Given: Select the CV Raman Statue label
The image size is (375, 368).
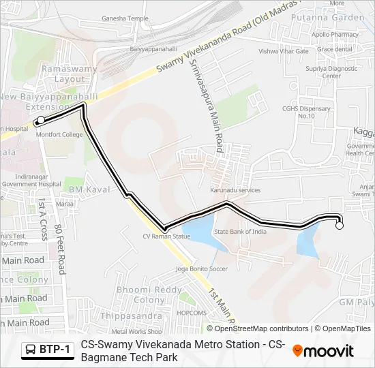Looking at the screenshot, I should click(166, 236).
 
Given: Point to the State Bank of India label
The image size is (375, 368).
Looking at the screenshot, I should click(241, 232).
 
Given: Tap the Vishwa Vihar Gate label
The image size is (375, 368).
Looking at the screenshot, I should click(284, 51).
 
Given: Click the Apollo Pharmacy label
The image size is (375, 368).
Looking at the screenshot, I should click(335, 34).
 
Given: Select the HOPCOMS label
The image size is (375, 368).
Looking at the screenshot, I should click(192, 313).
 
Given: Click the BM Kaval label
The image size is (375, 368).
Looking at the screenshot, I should click(85, 187).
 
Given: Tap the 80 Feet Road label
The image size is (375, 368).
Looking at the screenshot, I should click(59, 249).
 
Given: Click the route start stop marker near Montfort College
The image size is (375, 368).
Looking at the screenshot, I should click(40, 121).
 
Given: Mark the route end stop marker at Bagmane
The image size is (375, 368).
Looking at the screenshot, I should click(340, 226).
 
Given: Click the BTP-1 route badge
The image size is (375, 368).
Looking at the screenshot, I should click(48, 350).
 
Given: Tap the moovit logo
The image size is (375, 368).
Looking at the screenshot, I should click(323, 351).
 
